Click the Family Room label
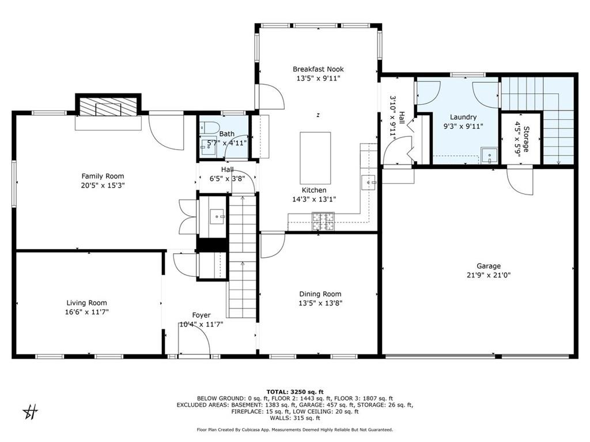coord(103,176)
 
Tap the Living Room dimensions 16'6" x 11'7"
coord(86,311)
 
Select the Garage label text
coord(488,266)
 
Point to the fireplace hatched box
coord(108,106)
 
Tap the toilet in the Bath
coord(210,128)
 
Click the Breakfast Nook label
coord(319,69)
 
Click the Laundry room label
coord(463,117)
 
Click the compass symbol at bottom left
coord(31,411)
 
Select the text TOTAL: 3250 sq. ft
coord(294,391)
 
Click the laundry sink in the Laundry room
coord(489,155)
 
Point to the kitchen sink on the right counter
coord(367,182)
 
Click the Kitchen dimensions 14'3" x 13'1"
coord(314,199)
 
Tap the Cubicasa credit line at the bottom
coord(294,429)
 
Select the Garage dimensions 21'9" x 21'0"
coord(488,275)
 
